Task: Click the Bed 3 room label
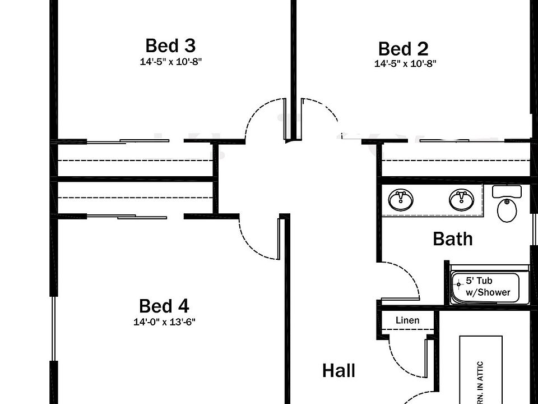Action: [x=170, y=45]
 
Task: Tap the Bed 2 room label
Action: [x=403, y=49]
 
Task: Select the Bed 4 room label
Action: [x=164, y=306]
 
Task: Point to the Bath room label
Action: [x=453, y=239]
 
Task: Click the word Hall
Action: [x=338, y=371]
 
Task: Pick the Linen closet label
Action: [x=407, y=320]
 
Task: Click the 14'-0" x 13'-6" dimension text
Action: [x=164, y=322]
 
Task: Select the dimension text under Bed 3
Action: [x=170, y=61]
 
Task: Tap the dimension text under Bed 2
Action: [x=405, y=64]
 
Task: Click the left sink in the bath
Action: [x=401, y=200]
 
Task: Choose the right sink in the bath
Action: [x=461, y=200]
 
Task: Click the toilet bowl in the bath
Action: [x=507, y=210]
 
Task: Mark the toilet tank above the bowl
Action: [x=507, y=191]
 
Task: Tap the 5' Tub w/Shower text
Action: [x=488, y=287]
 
